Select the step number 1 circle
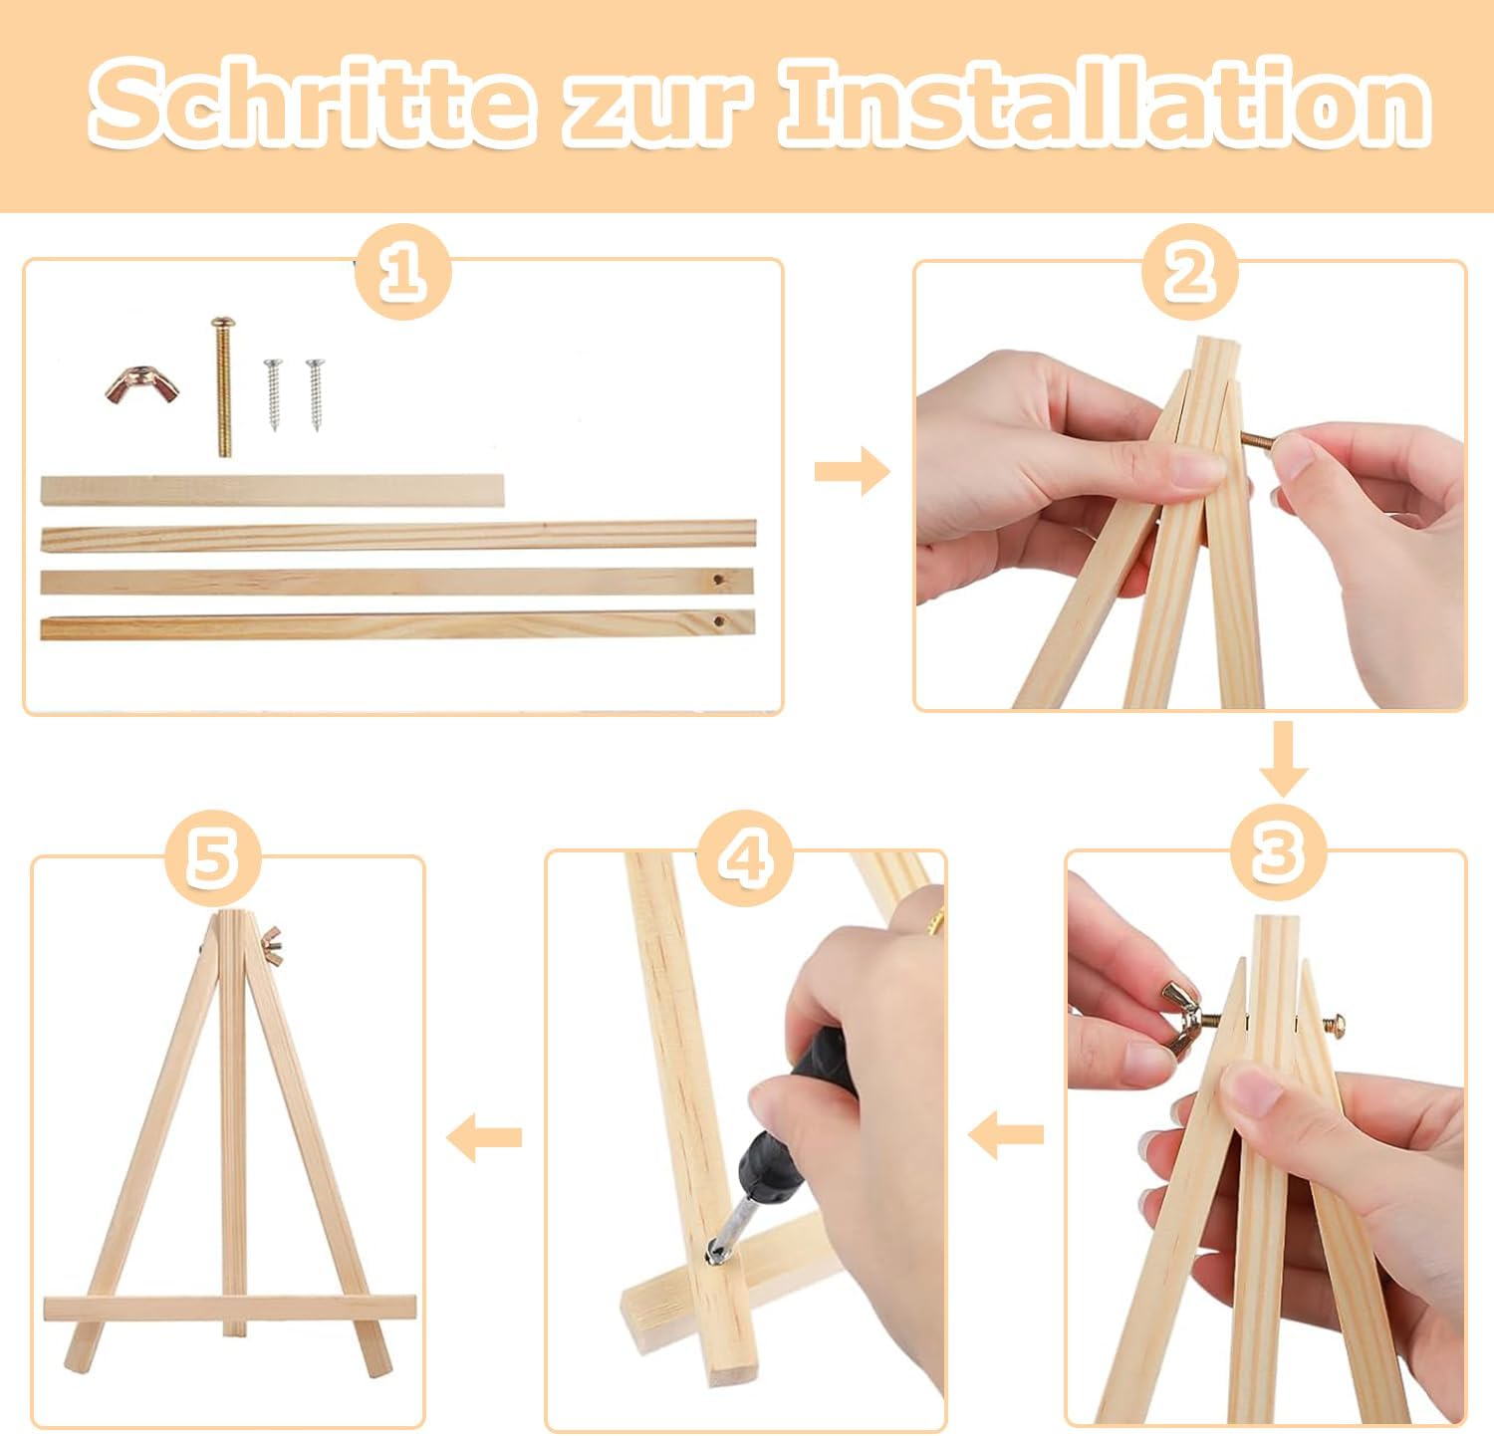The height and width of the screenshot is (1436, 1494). [402, 271]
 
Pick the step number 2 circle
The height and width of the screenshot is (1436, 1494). [1189, 271]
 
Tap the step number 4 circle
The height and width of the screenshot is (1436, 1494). [744, 855]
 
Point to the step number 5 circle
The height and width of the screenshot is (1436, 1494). [212, 855]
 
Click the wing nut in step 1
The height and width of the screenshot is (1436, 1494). [142, 385]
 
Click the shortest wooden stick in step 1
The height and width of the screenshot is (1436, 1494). [272, 491]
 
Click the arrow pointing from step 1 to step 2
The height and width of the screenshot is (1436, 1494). [852, 471]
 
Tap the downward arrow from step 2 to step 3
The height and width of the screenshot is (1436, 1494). [1284, 759]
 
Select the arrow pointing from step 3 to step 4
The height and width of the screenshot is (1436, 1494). [1006, 1134]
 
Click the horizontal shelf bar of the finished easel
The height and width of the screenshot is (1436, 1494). [229, 1309]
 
